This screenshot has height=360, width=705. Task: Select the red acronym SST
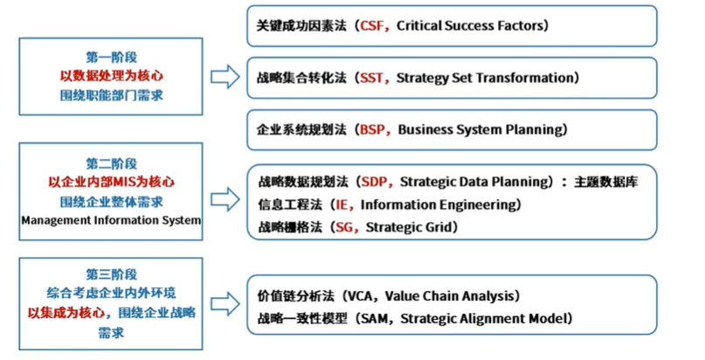click(372, 78)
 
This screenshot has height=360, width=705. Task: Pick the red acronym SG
click(342, 226)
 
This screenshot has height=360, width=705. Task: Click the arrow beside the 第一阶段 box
click(225, 77)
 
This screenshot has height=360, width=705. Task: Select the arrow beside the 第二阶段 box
click(225, 195)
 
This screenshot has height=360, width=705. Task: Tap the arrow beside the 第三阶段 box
click(225, 304)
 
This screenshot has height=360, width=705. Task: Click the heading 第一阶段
click(111, 58)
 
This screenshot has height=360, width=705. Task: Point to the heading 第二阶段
click(111, 163)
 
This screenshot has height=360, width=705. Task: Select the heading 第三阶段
click(111, 274)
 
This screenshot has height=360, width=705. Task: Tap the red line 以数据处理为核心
click(111, 77)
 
